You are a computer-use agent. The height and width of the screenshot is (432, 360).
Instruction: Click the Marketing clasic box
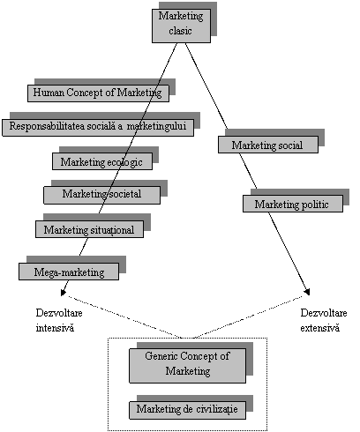coord(181,26)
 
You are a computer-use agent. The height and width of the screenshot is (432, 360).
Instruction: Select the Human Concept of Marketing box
coord(98,93)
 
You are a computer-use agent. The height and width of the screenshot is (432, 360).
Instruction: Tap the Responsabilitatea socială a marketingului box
coord(98,128)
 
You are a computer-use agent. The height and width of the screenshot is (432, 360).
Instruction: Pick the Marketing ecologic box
coord(102,161)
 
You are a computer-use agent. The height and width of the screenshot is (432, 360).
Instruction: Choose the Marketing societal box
coord(102,195)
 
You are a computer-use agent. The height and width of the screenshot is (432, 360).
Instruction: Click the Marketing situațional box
coord(89,229)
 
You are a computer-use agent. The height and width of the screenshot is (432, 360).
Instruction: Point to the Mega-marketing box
coord(69,272)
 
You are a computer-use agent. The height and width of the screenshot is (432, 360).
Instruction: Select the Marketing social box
coord(268,145)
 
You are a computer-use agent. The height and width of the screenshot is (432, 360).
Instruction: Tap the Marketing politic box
coord(293,204)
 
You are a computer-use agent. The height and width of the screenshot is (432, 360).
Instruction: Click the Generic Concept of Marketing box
coord(187,366)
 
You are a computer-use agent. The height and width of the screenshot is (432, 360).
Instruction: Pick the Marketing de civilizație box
coord(187,410)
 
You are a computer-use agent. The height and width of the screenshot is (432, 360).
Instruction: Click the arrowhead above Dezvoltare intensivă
coord(63,293)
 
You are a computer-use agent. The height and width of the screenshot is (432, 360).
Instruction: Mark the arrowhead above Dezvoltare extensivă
coord(307,292)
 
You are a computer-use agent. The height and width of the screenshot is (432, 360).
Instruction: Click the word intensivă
coord(55,328)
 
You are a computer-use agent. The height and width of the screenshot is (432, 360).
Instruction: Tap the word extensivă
coord(319,328)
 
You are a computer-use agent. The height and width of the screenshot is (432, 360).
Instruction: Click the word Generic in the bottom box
coord(161,356)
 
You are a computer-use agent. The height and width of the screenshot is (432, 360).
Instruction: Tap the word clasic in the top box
coord(180,31)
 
